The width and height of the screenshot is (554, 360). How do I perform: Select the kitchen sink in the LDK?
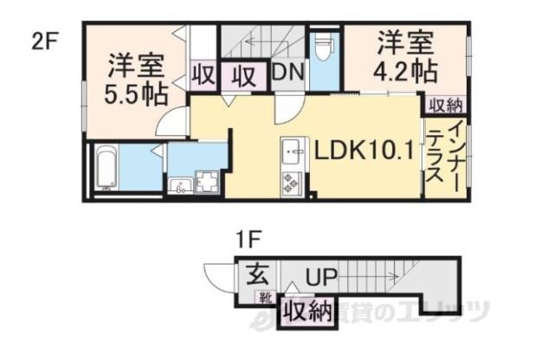point(290,153)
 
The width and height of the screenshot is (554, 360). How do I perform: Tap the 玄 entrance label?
point(258,277)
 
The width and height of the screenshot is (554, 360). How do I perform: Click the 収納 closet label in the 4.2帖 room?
point(443,103)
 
